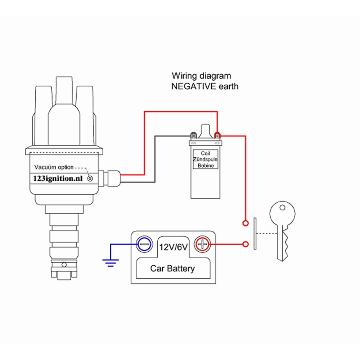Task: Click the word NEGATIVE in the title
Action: coord(194,86)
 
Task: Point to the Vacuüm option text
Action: coord(54,167)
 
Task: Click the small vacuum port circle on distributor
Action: coord(90,179)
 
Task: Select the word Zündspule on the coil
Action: coord(205,159)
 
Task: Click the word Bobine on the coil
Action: coord(206,166)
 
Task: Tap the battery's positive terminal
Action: coord(202,245)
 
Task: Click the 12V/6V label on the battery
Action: coord(173,247)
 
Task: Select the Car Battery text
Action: coord(172,269)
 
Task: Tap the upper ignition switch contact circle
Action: coord(246,223)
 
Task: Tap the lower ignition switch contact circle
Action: coord(246,245)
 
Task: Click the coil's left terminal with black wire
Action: coord(193,136)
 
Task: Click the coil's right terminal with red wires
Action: coord(217,136)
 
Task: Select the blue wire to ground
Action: coord(122,245)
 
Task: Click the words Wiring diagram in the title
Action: coord(201,76)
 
